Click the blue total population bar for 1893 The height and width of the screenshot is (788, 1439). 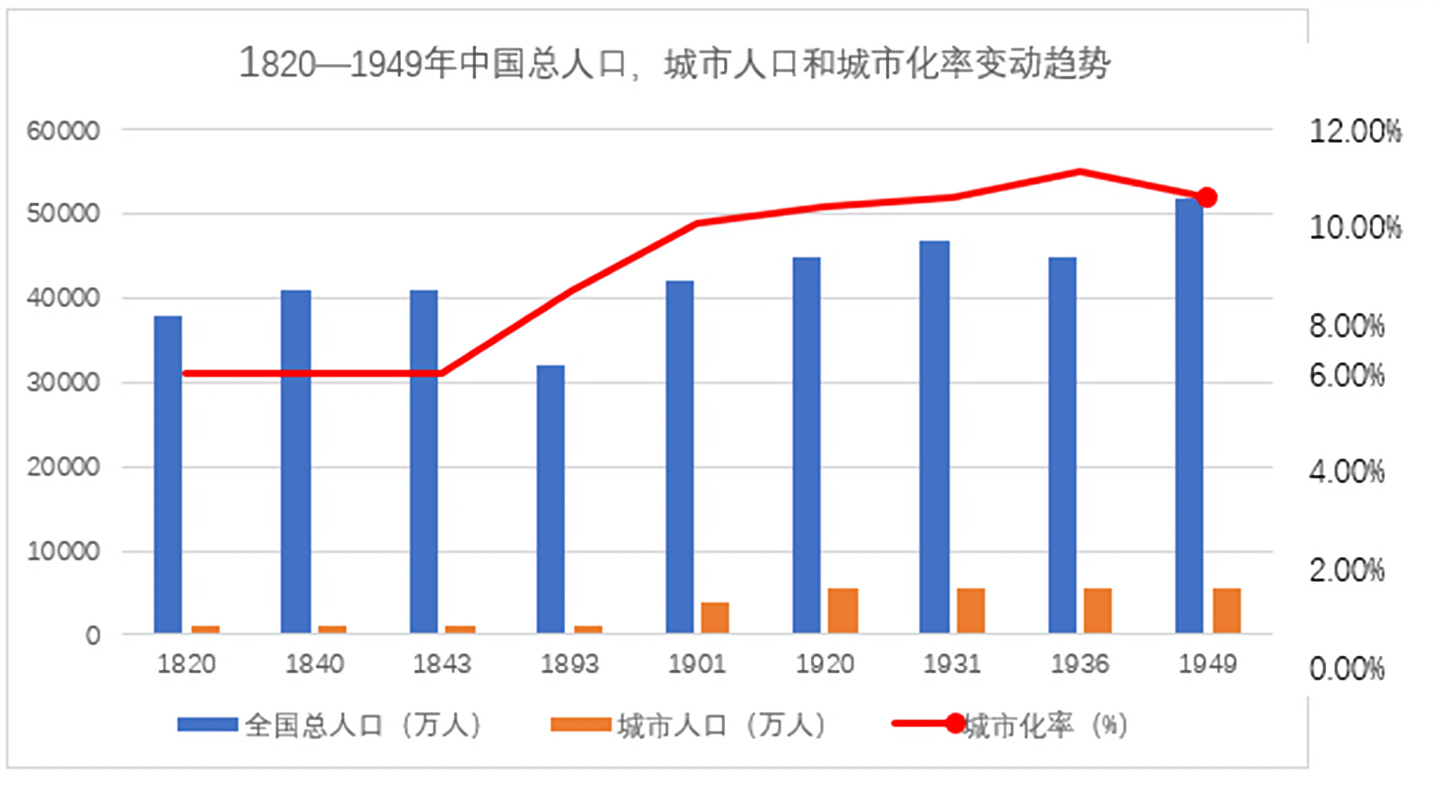[x=550, y=499]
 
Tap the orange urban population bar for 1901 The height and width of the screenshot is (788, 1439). [x=715, y=617]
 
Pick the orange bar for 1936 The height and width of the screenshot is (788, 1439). [x=1098, y=610]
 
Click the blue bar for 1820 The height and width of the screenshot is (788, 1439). [x=168, y=474]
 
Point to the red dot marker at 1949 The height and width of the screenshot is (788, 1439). [x=1207, y=198]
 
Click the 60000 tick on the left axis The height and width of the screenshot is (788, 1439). [x=63, y=131]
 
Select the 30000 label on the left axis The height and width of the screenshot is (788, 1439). [x=63, y=382]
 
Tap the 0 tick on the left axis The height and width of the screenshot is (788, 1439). [x=92, y=635]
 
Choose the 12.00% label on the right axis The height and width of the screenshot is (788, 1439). [x=1355, y=132]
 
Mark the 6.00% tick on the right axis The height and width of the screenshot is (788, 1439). [x=1347, y=376]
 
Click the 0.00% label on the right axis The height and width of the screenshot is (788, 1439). [x=1347, y=669]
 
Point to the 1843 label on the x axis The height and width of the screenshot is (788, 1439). [x=441, y=664]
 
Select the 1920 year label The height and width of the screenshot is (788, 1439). [x=825, y=664]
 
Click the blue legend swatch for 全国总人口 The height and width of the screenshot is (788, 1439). [x=207, y=724]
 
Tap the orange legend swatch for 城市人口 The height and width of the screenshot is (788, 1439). [x=580, y=724]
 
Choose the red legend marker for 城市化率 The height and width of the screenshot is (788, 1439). [x=955, y=723]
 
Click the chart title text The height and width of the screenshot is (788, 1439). [x=674, y=64]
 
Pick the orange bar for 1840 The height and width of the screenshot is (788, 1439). [x=332, y=629]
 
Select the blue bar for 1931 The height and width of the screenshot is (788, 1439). [x=934, y=436]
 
